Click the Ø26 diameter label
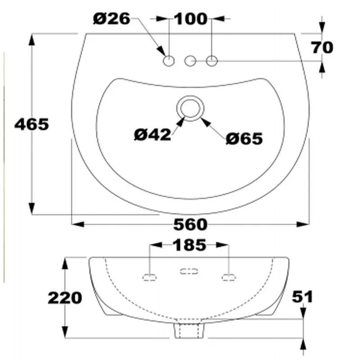(x=112, y=18)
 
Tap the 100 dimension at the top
(x=190, y=19)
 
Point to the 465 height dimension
(x=31, y=124)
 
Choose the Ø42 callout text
(x=153, y=134)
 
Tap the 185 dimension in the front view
(x=189, y=245)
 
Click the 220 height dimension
(x=66, y=297)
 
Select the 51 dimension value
(x=303, y=297)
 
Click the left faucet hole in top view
(x=169, y=60)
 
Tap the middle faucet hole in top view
(x=191, y=60)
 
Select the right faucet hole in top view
(x=212, y=60)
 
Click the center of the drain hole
(x=191, y=108)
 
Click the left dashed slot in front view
(x=150, y=276)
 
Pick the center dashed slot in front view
(x=189, y=271)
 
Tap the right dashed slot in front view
(x=229, y=276)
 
